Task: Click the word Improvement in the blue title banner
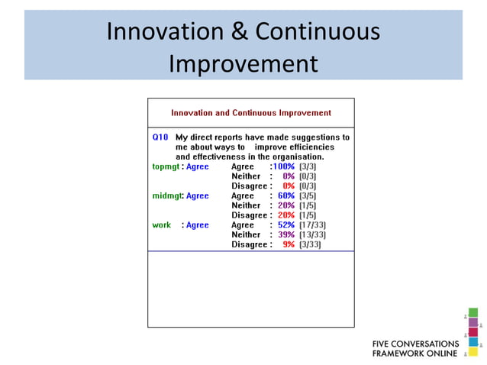pyautogui.click(x=243, y=63)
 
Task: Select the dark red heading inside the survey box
pyautogui.click(x=250, y=113)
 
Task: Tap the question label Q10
pyautogui.click(x=160, y=137)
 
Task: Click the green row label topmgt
pyautogui.click(x=166, y=166)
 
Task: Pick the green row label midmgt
pyautogui.click(x=167, y=195)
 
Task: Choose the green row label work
pyautogui.click(x=162, y=225)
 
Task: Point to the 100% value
pyautogui.click(x=283, y=166)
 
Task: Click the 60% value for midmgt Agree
pyautogui.click(x=285, y=195)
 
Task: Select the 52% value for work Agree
pyautogui.click(x=285, y=225)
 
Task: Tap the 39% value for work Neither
pyautogui.click(x=285, y=235)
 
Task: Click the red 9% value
pyautogui.click(x=288, y=245)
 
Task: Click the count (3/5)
pyautogui.click(x=308, y=195)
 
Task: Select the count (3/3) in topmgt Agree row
pyautogui.click(x=308, y=166)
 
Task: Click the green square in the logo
pyautogui.click(x=473, y=312)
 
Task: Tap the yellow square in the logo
pyautogui.click(x=473, y=352)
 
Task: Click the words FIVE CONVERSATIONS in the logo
pyautogui.click(x=415, y=344)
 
